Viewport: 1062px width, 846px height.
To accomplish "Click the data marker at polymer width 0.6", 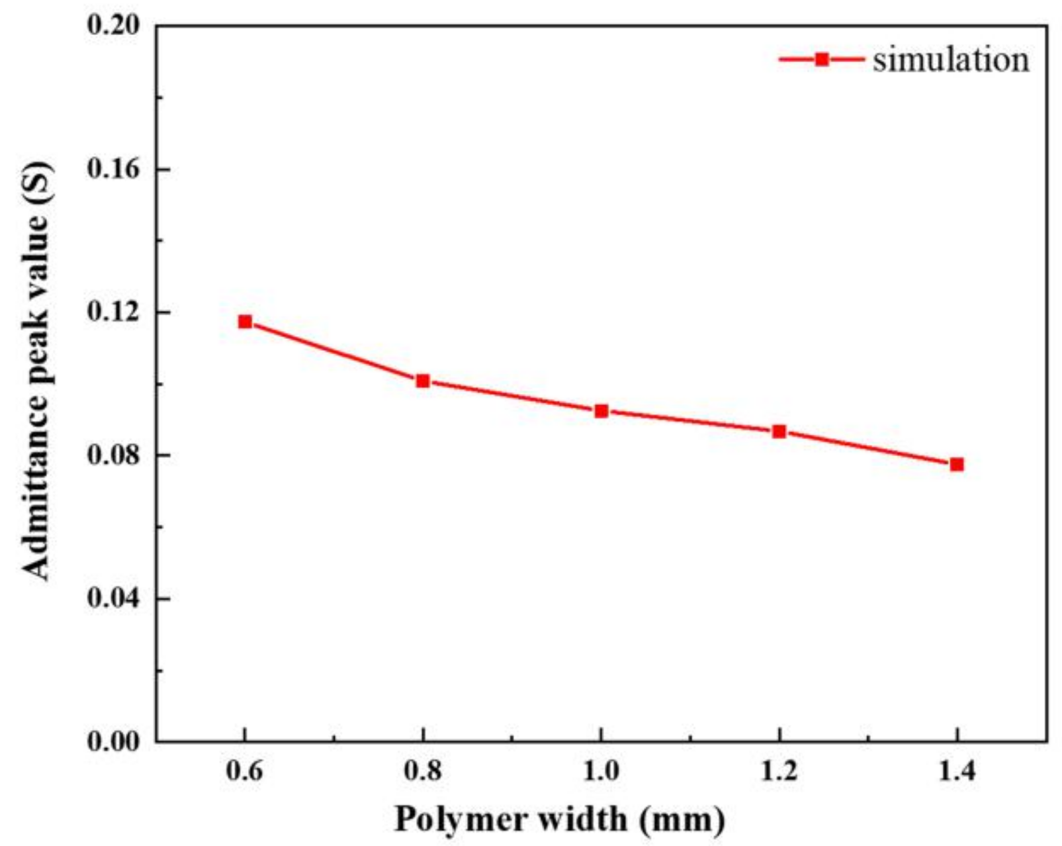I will [x=245, y=322].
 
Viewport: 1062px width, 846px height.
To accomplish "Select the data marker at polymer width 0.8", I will [x=423, y=381].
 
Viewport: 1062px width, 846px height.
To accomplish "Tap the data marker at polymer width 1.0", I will [x=601, y=411].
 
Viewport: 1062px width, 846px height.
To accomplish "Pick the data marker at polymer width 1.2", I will [x=779, y=432].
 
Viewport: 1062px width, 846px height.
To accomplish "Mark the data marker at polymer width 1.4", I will [x=957, y=464].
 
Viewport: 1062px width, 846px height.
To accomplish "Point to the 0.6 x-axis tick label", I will [x=244, y=771].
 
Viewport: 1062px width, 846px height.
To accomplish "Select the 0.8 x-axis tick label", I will [x=423, y=771].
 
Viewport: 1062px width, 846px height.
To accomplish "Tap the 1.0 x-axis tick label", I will [x=601, y=771].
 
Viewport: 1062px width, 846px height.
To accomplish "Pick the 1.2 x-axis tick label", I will [x=779, y=771].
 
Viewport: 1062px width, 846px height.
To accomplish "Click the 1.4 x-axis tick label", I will [x=957, y=771].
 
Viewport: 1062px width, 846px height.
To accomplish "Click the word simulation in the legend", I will [x=951, y=60].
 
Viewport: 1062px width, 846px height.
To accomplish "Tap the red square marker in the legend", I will [x=822, y=60].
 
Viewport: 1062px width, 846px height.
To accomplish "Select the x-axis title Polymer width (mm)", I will [x=560, y=820].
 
